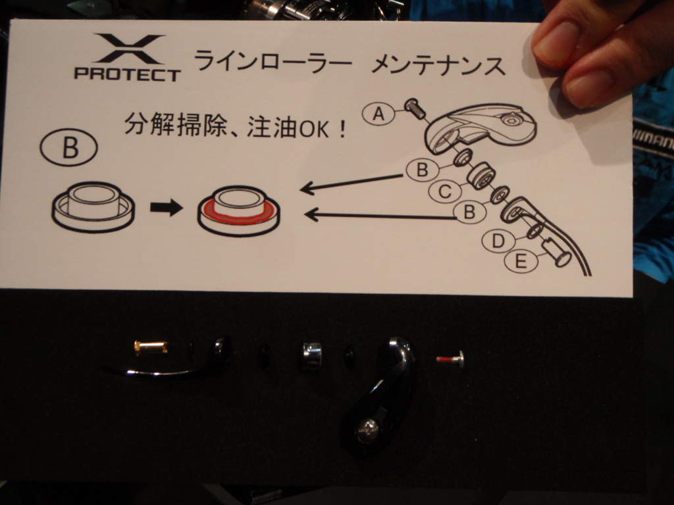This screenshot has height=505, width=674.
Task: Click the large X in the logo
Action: click(x=128, y=49)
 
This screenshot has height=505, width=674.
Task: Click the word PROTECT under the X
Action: click(x=127, y=74)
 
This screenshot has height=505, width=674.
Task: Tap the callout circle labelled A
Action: click(x=378, y=114)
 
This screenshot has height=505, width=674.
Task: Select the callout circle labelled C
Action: click(x=444, y=191)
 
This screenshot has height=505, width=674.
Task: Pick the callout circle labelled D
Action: click(x=498, y=241)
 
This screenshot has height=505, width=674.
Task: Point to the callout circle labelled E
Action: click(x=521, y=260)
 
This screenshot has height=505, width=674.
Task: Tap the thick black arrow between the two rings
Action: click(x=167, y=207)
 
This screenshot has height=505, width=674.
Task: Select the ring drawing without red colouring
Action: click(x=93, y=207)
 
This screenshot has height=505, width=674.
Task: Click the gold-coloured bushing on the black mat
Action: click(x=151, y=347)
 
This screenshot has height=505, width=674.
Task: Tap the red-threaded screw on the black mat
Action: click(x=450, y=359)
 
